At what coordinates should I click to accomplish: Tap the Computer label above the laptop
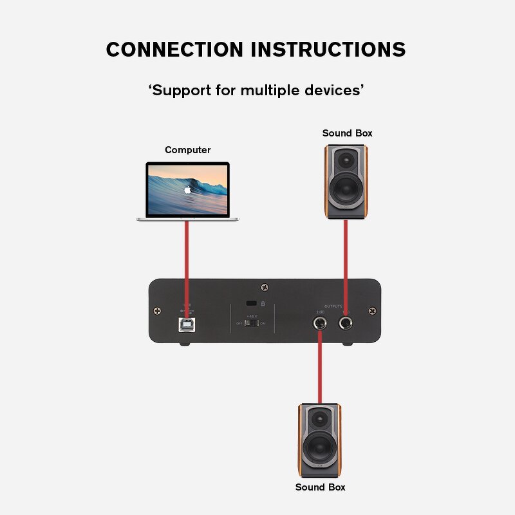[187, 150]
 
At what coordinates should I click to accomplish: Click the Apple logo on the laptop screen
[187, 190]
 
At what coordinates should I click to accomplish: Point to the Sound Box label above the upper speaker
[347, 133]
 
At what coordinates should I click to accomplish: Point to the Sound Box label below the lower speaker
[320, 487]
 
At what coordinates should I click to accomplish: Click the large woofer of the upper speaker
[346, 189]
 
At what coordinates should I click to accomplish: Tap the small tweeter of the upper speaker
[347, 159]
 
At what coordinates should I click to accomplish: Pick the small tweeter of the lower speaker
[320, 417]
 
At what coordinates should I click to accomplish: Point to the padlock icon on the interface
[263, 303]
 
